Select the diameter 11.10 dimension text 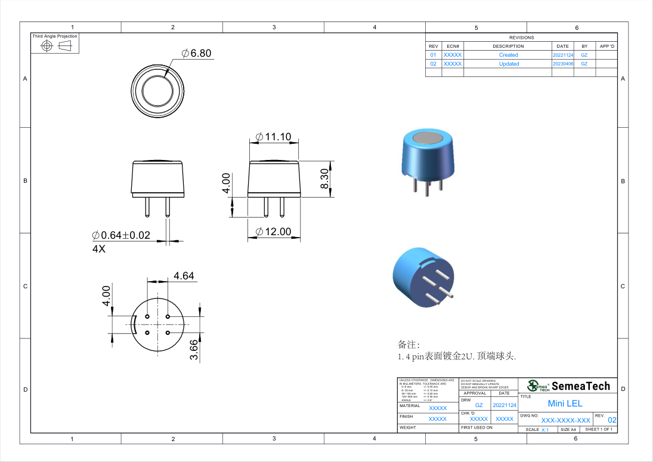pyautogui.click(x=273, y=137)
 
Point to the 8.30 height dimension pyautogui.click(x=324, y=179)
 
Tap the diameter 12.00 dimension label pyautogui.click(x=273, y=232)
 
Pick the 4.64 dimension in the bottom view pyautogui.click(x=184, y=276)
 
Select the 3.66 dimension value pyautogui.click(x=194, y=349)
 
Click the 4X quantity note pyautogui.click(x=98, y=249)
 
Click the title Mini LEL pyautogui.click(x=565, y=404)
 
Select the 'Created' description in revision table pyautogui.click(x=508, y=55)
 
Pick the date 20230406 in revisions pyautogui.click(x=563, y=64)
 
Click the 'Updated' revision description pyautogui.click(x=509, y=64)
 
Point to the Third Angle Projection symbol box pyautogui.click(x=55, y=44)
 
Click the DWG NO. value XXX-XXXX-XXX pyautogui.click(x=565, y=420)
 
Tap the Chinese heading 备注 pyautogui.click(x=408, y=345)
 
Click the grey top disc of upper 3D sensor pyautogui.click(x=427, y=138)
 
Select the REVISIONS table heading pyautogui.click(x=521, y=38)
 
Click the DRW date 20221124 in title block pyautogui.click(x=505, y=405)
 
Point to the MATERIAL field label pyautogui.click(x=410, y=406)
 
